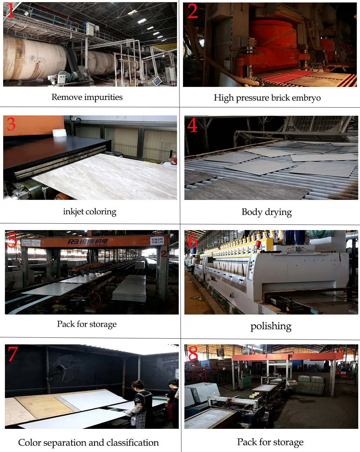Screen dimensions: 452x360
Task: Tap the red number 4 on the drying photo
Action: (192, 125)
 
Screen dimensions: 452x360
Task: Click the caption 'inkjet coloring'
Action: (90, 212)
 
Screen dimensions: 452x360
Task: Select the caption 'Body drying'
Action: (266, 212)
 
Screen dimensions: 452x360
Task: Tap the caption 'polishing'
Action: (271, 326)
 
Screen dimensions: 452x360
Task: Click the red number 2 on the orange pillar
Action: (164, 254)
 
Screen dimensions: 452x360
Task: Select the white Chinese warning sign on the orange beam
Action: (157, 241)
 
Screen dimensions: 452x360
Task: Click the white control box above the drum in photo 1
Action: (91, 29)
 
